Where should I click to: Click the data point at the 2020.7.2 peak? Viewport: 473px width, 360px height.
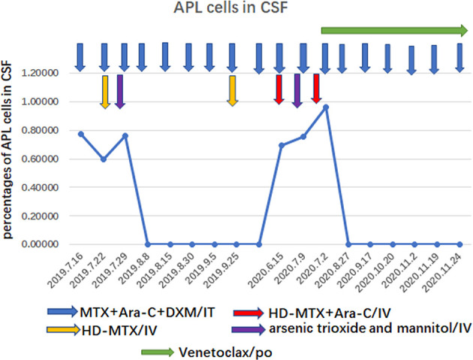(325, 107)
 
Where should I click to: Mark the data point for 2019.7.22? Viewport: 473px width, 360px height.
(104, 159)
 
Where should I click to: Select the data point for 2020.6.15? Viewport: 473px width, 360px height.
(281, 145)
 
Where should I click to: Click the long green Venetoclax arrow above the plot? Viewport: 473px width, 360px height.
(393, 30)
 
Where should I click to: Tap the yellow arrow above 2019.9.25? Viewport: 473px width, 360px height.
(232, 91)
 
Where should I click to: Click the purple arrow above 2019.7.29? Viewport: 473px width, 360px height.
(121, 91)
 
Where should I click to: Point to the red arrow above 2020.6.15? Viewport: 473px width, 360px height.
(279, 89)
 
